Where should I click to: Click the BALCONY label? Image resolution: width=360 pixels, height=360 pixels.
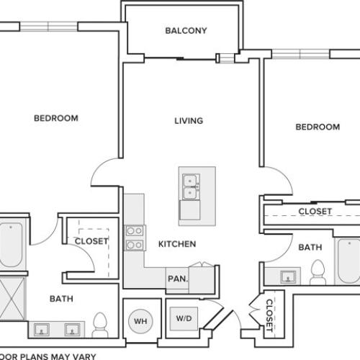(x=186, y=30)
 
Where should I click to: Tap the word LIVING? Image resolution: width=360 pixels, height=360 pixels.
(x=189, y=120)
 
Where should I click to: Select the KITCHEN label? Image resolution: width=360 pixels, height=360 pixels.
(x=176, y=244)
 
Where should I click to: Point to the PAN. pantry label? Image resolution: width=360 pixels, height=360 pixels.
(x=176, y=279)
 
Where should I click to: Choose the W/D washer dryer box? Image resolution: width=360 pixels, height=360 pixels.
(x=184, y=318)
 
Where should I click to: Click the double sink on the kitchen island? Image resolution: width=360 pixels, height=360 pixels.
(x=192, y=186)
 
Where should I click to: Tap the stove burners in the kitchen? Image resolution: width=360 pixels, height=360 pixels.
(x=134, y=238)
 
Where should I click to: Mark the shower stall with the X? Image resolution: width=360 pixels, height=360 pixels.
(x=12, y=297)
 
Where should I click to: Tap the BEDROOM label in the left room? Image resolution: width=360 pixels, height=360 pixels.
(x=55, y=117)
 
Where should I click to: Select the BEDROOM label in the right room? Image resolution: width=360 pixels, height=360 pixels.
(x=318, y=127)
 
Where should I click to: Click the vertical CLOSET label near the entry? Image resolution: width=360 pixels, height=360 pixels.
(x=269, y=315)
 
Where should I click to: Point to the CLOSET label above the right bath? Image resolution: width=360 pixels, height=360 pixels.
(x=315, y=212)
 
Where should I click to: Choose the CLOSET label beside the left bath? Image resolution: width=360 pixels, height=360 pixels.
(x=91, y=241)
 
